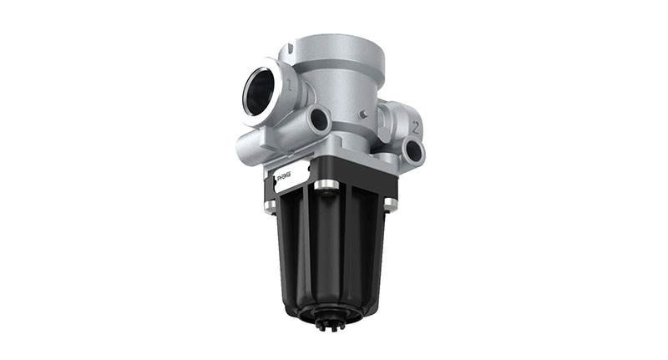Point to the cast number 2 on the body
(x=414, y=127)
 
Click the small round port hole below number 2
(x=413, y=151)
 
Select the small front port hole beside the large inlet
(x=318, y=121)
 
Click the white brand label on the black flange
(x=291, y=176)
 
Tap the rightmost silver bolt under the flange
(x=390, y=203)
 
